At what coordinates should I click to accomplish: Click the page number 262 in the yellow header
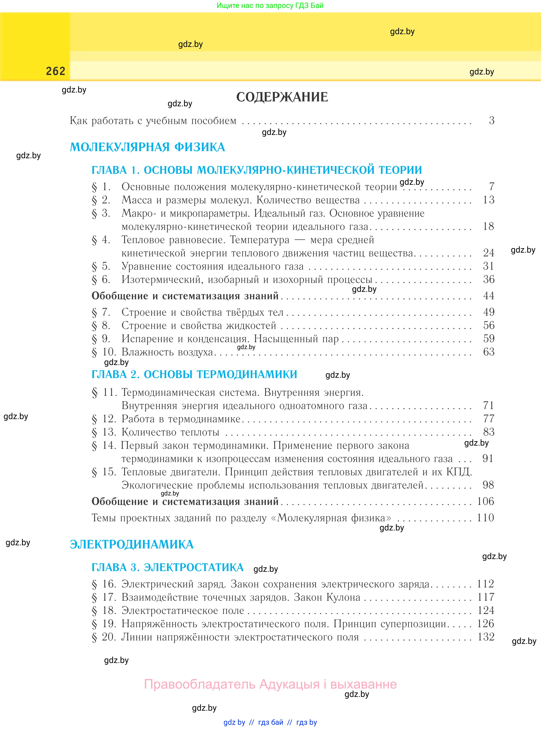pos(56,71)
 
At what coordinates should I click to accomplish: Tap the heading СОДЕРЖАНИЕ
pos(282,97)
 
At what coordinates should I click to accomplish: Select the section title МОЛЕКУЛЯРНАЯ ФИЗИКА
pos(147,147)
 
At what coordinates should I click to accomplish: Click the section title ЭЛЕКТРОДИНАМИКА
pos(132,544)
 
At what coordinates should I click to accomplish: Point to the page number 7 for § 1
pos(491,187)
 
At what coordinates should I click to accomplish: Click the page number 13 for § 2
pos(489,200)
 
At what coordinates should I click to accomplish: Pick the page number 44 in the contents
pos(489,296)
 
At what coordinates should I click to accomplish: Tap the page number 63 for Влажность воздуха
pos(489,352)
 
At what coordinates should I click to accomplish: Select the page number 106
pos(485,501)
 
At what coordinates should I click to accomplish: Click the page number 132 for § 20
pos(486,637)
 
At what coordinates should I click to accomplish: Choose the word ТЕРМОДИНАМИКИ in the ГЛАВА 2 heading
pos(220,374)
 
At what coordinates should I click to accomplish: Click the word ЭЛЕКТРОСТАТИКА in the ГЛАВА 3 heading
pos(194,567)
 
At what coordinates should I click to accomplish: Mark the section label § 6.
pos(101,280)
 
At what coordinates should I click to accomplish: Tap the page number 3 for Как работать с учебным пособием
pos(491,121)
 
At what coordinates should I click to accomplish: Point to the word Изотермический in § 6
pos(162,280)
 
